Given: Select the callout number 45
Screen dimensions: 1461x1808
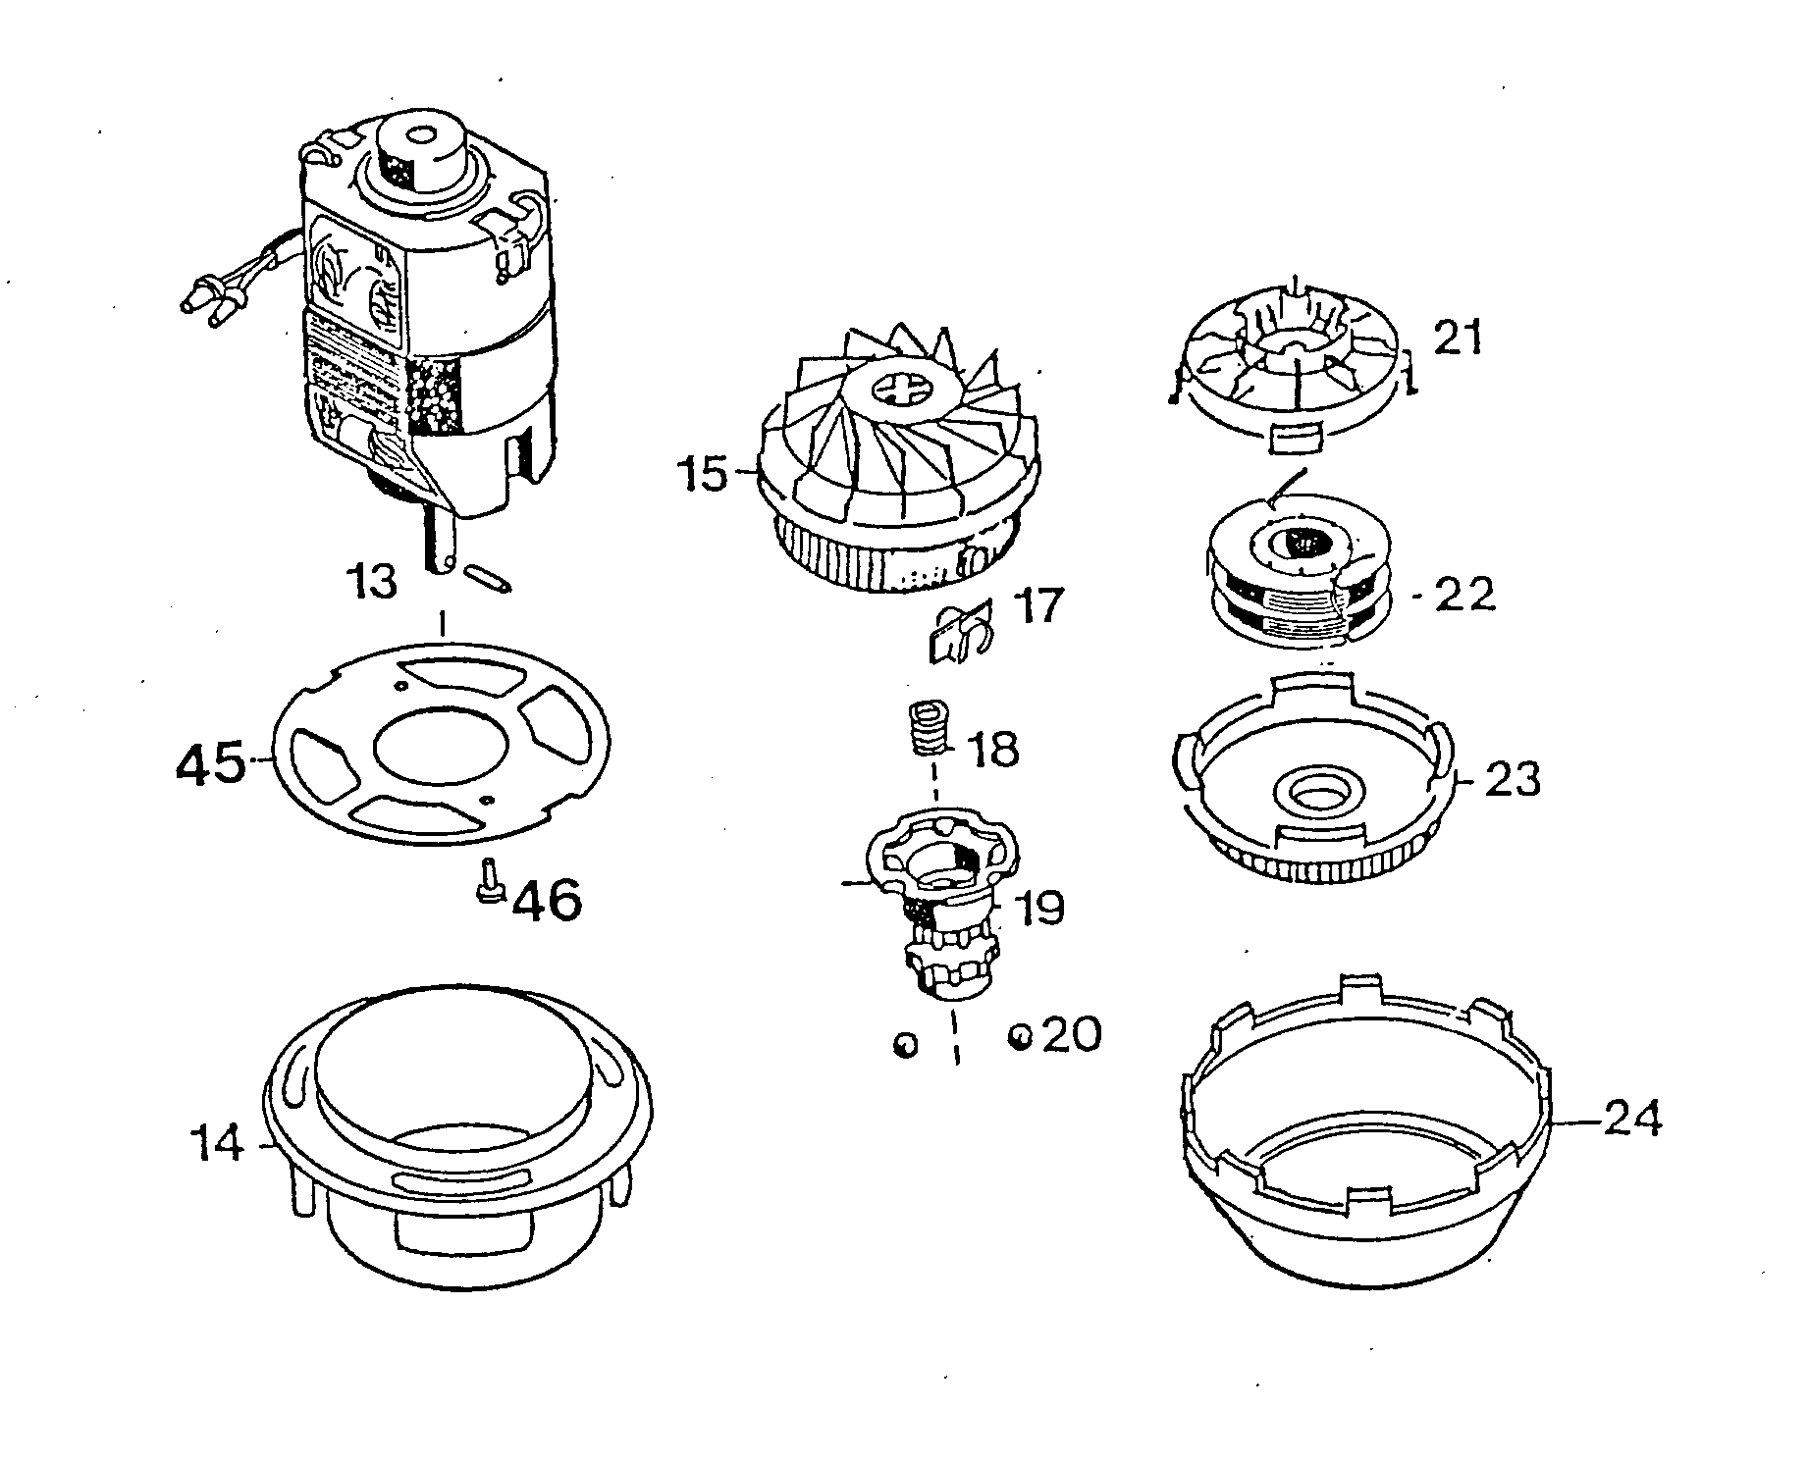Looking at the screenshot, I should [x=209, y=762].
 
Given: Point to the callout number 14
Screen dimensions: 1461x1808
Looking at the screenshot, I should [x=217, y=1143].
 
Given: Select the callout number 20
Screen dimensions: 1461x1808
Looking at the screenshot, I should [x=1071, y=1034].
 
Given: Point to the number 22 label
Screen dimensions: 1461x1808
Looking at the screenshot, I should [x=1463, y=595].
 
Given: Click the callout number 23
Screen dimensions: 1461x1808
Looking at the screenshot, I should [x=1512, y=780].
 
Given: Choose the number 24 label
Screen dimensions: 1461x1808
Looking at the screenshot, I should [x=1632, y=1119].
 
